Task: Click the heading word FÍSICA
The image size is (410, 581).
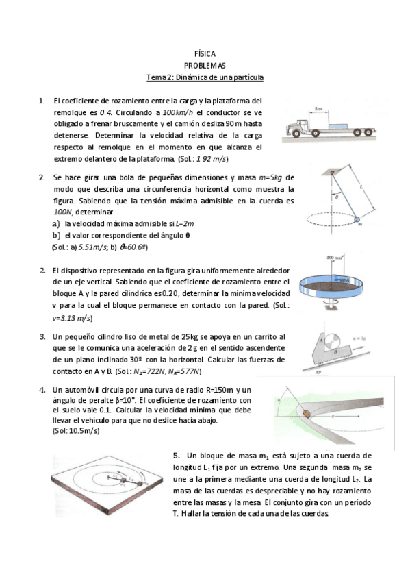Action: coord(205,53)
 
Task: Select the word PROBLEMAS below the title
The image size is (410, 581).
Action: coord(205,65)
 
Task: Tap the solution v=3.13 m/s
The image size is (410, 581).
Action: coord(73,318)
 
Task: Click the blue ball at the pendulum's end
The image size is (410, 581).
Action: coord(357,219)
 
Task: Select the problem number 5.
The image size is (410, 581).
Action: coord(176,455)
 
